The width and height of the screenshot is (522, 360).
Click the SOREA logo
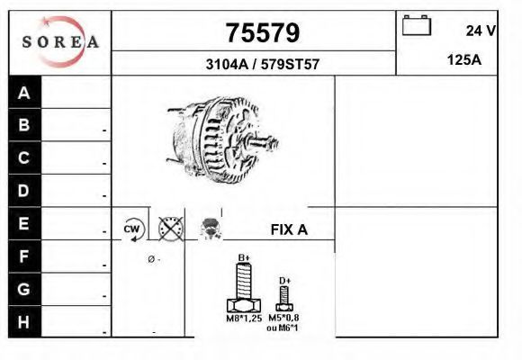coord(60,41)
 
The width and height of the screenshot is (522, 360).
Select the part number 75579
coord(263,33)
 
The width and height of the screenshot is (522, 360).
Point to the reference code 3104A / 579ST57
coord(263,64)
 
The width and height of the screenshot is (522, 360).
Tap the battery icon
coord(417,25)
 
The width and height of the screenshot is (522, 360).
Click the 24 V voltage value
coord(481,31)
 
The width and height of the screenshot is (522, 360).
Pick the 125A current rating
coord(464,60)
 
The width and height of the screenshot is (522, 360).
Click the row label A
coord(24,93)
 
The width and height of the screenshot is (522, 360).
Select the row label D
coord(23,191)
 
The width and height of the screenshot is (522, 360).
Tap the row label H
coord(23,322)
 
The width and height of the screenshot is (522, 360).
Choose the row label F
coord(23,256)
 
